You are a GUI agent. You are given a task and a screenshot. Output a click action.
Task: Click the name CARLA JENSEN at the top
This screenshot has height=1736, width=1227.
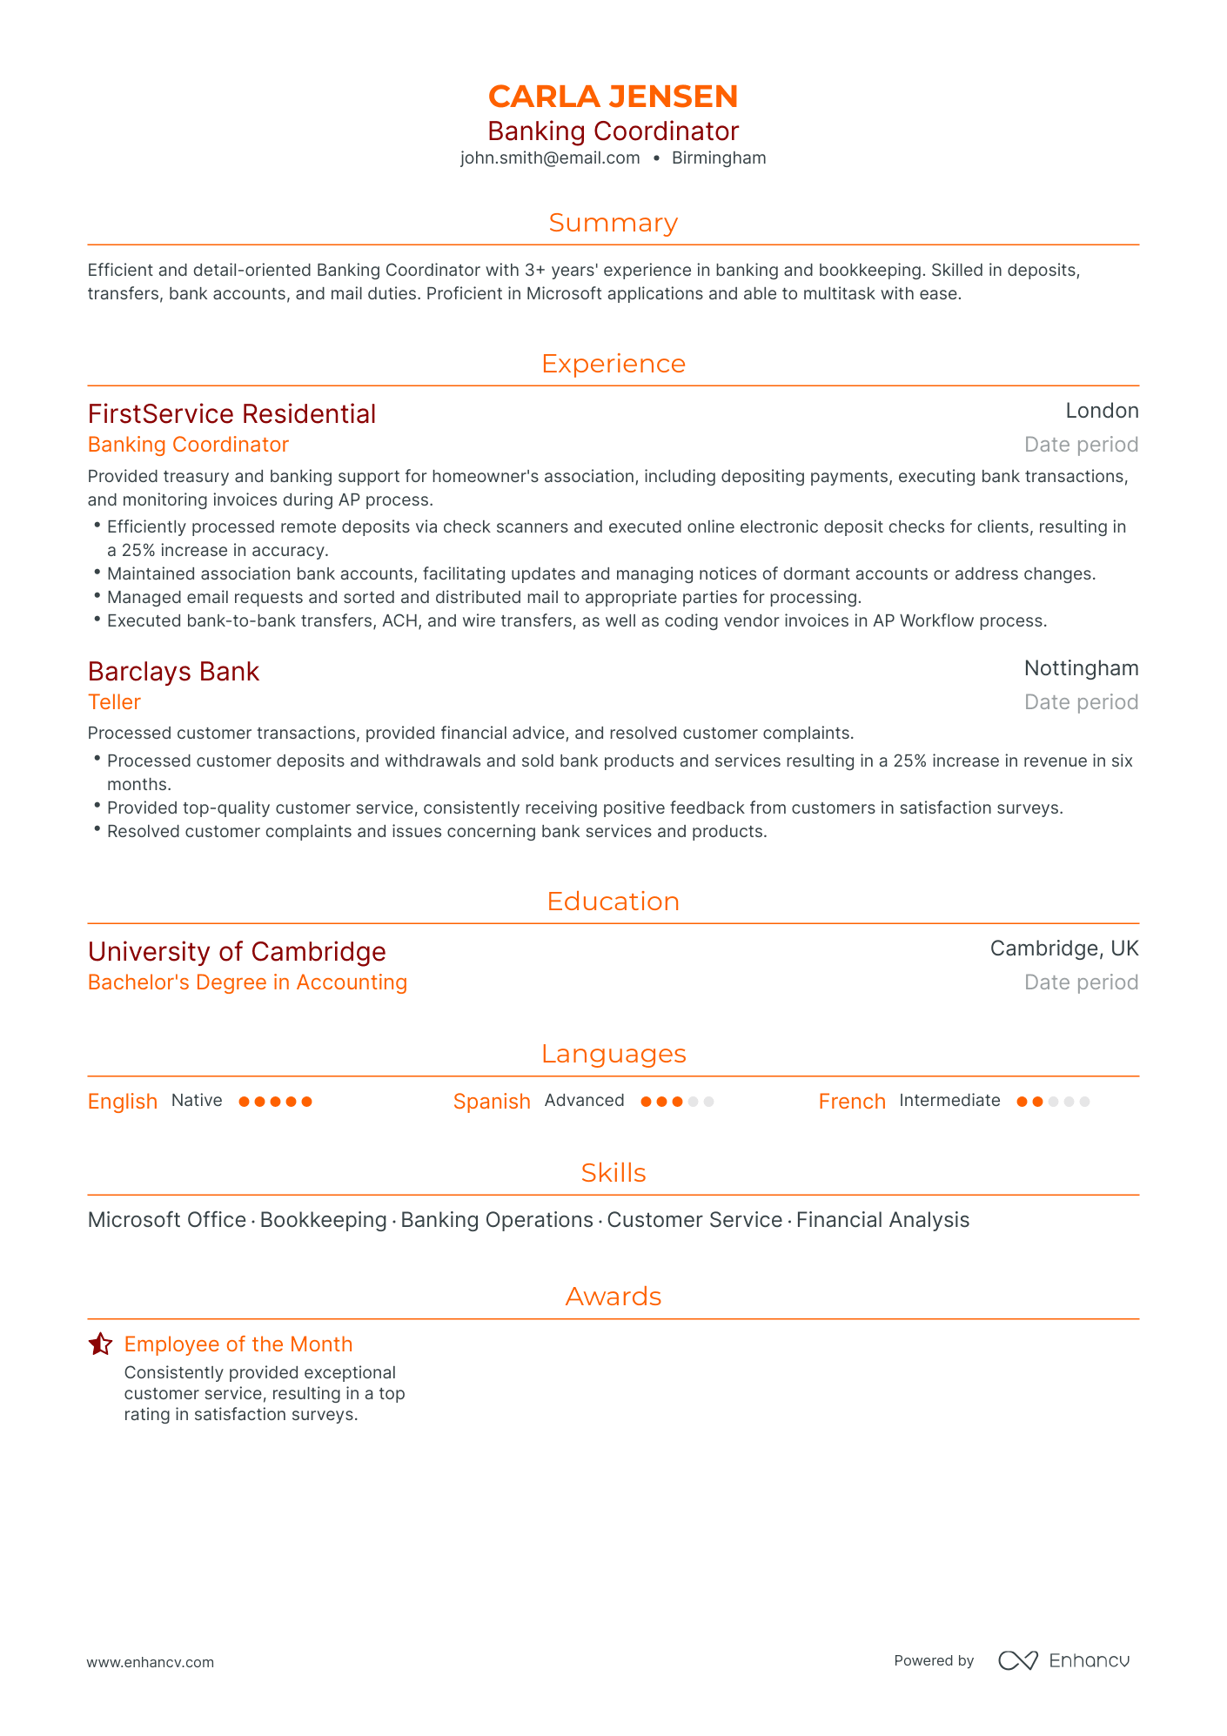tap(613, 96)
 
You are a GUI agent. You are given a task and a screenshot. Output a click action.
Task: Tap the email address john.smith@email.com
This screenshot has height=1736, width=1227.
tap(550, 158)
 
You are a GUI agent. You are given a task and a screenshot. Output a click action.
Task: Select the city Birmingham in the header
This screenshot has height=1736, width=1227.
tap(719, 158)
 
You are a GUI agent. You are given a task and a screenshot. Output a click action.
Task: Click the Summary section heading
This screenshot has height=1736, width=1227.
tap(613, 223)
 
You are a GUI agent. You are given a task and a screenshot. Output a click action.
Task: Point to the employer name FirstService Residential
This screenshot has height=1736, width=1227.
tap(231, 414)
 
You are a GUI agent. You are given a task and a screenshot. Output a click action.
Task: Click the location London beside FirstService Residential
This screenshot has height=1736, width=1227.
tap(1102, 411)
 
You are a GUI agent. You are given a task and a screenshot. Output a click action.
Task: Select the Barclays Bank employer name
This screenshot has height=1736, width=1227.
tap(173, 672)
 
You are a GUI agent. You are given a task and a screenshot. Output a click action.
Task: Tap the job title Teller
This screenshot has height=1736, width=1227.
tap(114, 702)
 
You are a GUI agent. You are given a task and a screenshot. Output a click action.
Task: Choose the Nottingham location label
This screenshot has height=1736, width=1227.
tap(1081, 668)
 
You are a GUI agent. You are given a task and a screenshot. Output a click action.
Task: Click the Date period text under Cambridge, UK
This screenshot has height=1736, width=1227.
tap(1081, 982)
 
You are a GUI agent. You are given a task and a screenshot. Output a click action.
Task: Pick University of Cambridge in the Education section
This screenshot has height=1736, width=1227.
tap(237, 952)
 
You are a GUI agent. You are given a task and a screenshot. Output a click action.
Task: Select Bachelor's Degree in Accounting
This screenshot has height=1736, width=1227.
tap(247, 982)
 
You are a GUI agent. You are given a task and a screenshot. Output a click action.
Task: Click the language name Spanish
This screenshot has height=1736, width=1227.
tap(492, 1102)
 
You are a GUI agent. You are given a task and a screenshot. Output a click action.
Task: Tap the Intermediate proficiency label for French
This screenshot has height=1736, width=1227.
tap(949, 1101)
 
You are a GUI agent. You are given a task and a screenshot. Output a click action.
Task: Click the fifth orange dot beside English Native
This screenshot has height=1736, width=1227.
tap(306, 1102)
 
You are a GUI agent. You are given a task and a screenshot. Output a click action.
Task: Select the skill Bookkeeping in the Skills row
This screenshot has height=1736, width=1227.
tap(323, 1220)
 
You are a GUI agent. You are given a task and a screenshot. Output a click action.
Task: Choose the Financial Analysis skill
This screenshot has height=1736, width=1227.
tap(882, 1220)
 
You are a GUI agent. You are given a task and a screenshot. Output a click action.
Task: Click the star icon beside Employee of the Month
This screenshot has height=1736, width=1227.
tap(100, 1344)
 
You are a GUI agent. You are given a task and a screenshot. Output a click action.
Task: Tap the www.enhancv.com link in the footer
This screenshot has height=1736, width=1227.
tap(150, 1662)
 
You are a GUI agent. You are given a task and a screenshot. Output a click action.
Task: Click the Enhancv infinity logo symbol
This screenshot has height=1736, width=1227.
tap(1017, 1660)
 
